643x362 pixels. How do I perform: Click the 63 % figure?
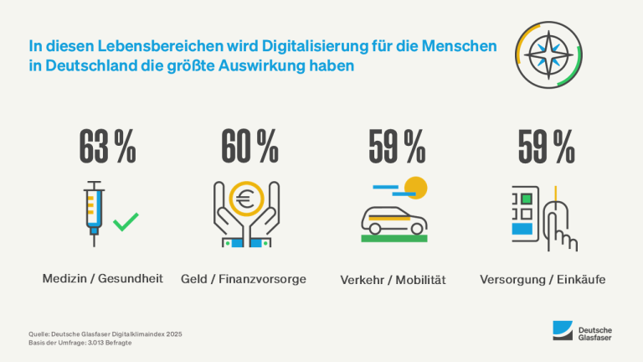pyautogui.click(x=107, y=148)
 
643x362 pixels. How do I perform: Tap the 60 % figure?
pyautogui.click(x=249, y=148)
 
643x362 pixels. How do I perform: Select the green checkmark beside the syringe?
pyautogui.click(x=126, y=221)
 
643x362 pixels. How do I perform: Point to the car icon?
pyautogui.click(x=394, y=219)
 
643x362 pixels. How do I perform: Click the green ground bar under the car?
pyautogui.click(x=394, y=239)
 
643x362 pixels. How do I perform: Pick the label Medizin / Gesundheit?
pyautogui.click(x=102, y=277)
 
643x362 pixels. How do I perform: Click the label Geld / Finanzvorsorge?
pyautogui.click(x=244, y=277)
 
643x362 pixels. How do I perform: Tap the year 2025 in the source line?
pyautogui.click(x=173, y=334)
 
